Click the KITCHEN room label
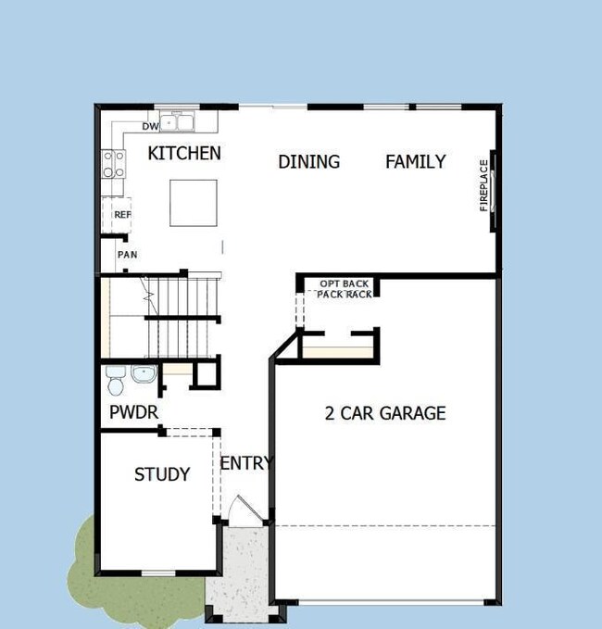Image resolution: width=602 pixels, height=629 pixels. point(184,153)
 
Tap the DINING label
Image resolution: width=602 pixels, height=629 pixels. point(308,162)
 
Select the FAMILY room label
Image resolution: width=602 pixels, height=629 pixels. point(415,162)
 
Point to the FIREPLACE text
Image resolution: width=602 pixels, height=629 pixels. point(483,186)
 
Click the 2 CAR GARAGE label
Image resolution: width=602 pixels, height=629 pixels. point(384,413)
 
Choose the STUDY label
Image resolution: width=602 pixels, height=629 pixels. point(162,474)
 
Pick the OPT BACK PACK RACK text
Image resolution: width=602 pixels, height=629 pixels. point(345,288)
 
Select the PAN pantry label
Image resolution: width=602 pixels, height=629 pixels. point(126,255)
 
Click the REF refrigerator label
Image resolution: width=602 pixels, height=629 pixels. point(122,215)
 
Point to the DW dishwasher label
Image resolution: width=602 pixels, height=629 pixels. point(150,126)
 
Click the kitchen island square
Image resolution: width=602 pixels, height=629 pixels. point(193,202)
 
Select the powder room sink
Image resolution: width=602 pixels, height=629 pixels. point(144,375)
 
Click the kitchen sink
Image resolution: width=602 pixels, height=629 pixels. point(178,121)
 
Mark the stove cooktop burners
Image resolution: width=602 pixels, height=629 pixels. point(114,165)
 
